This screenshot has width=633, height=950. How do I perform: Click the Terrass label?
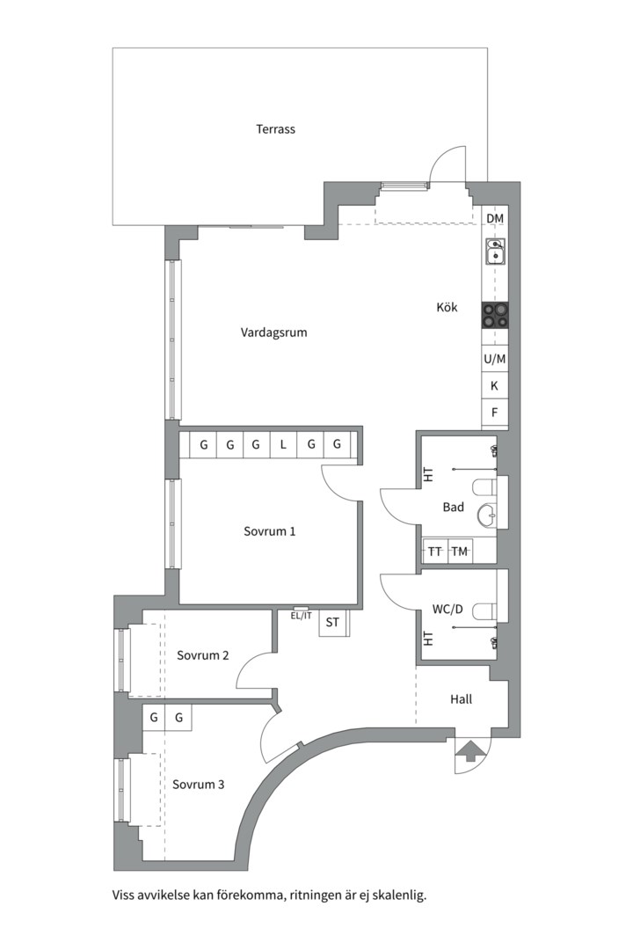point(275,129)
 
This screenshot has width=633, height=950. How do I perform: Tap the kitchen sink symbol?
point(496,252)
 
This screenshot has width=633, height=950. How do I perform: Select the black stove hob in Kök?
point(495,316)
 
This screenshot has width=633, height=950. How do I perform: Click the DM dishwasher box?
point(495,219)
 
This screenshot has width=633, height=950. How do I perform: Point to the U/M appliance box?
point(495,359)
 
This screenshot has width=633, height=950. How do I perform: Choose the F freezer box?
point(495,413)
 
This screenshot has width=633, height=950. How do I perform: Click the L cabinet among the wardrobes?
point(283,445)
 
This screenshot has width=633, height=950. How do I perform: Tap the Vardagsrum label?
point(273,332)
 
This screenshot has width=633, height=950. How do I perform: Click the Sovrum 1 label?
point(270,531)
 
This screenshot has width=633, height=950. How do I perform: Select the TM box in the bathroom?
point(460,552)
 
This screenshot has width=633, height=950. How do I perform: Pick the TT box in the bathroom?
point(435,552)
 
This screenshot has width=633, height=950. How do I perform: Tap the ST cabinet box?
point(332,622)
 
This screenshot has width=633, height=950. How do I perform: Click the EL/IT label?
point(301,616)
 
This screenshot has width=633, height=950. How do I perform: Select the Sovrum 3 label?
point(198,785)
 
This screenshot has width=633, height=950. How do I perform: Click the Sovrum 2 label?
point(203,655)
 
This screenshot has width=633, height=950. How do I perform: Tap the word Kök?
point(447,307)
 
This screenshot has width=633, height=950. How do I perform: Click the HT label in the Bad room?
point(429,474)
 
